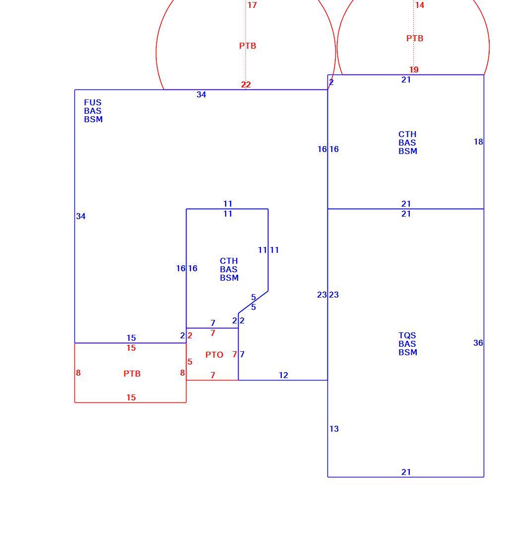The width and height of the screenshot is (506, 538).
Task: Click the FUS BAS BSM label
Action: (x=93, y=111)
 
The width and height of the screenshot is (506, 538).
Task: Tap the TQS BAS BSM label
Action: (x=408, y=344)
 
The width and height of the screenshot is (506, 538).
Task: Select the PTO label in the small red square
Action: (x=214, y=355)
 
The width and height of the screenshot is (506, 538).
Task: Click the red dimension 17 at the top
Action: (x=252, y=5)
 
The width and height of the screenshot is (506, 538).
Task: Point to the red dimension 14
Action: (x=420, y=5)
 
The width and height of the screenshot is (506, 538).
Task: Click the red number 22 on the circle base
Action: (x=246, y=84)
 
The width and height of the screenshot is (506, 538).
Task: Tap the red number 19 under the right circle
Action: (x=414, y=70)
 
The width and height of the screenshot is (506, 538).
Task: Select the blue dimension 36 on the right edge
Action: (x=478, y=343)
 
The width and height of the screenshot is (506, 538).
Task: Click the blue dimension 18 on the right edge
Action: (x=478, y=142)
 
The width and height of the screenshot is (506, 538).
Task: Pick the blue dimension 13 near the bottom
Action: (x=334, y=429)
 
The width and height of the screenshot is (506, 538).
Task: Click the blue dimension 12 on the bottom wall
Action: (x=283, y=375)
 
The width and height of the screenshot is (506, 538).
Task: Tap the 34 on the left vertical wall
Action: (x=81, y=216)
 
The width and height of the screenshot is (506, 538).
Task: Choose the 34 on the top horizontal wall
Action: (x=201, y=94)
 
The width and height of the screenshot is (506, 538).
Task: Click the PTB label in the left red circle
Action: (x=248, y=46)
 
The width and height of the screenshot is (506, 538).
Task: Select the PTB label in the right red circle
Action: (x=415, y=38)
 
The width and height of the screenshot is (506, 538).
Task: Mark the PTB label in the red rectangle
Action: (x=132, y=374)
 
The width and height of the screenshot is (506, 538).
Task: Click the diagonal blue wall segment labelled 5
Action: (x=253, y=302)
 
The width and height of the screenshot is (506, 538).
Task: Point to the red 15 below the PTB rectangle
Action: (x=131, y=397)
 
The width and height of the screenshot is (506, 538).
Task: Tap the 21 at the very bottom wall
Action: (x=406, y=472)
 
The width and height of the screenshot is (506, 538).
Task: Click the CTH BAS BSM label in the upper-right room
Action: (x=408, y=143)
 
